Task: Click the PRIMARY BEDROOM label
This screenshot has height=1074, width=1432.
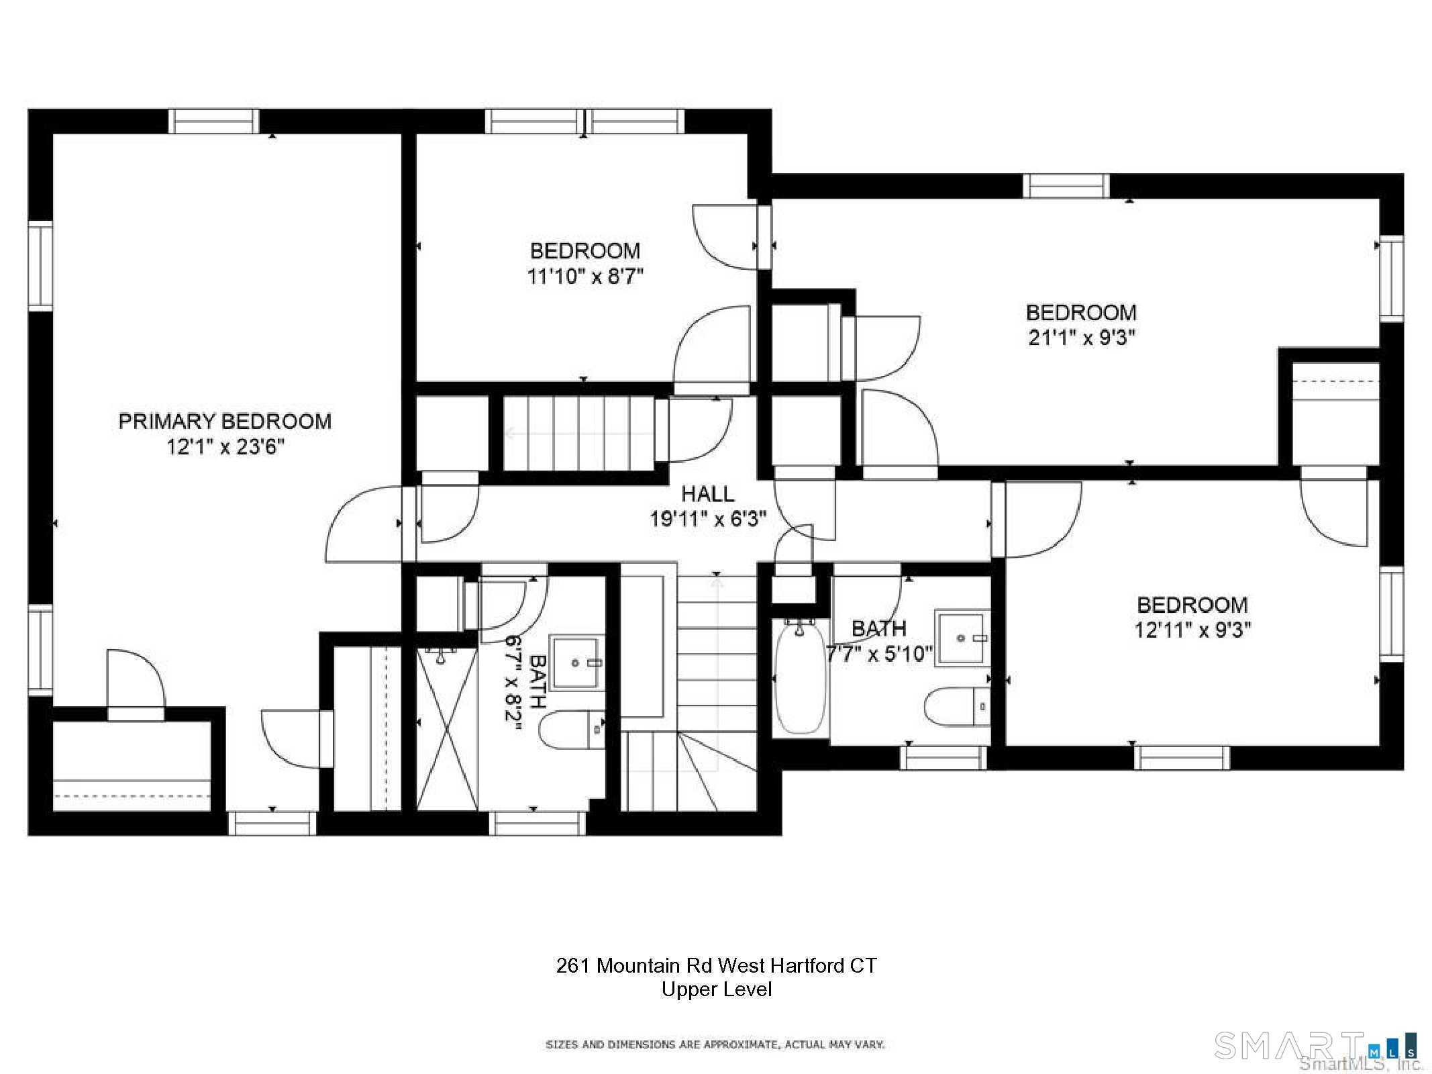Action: click(225, 422)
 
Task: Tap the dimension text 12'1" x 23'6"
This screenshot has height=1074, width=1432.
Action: click(225, 446)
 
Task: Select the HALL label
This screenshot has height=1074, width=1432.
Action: click(708, 494)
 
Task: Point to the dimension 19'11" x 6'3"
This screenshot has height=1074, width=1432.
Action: click(708, 519)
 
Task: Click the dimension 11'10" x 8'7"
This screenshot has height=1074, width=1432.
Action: click(585, 276)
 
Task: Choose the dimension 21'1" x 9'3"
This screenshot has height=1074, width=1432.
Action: click(1082, 337)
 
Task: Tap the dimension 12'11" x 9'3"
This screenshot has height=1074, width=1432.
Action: click(1192, 630)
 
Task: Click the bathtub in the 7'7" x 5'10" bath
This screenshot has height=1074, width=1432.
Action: click(801, 676)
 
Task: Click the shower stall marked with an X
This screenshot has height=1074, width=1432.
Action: click(447, 729)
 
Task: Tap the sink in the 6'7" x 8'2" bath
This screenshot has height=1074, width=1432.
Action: click(576, 663)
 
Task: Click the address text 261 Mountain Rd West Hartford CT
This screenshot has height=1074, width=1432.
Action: click(716, 965)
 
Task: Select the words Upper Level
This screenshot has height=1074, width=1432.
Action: click(717, 989)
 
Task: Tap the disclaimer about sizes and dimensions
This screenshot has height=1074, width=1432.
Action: click(715, 1044)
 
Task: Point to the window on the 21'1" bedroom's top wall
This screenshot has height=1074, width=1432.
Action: click(1066, 186)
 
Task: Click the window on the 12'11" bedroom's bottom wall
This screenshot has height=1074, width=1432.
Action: click(1182, 758)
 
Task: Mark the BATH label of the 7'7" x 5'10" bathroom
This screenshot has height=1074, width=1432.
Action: click(879, 628)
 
